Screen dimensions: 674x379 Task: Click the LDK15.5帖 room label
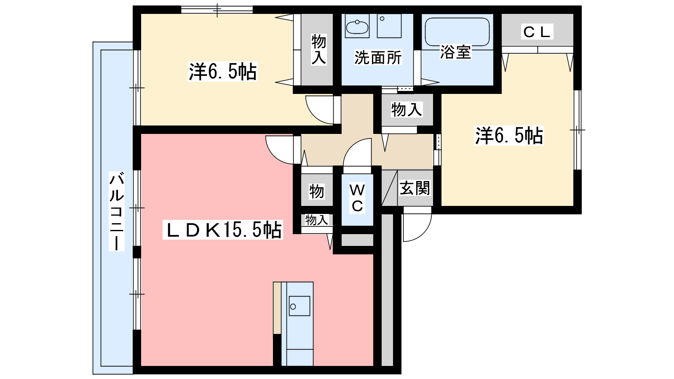223,230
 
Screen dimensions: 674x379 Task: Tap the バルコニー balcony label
116,211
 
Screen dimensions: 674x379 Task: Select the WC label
357,198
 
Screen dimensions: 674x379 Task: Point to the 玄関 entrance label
415,188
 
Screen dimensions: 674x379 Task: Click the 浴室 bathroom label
455,52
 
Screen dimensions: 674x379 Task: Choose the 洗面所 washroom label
378,58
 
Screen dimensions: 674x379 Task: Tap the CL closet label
537,32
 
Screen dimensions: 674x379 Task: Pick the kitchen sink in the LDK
300,306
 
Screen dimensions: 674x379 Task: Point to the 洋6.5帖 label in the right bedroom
509,136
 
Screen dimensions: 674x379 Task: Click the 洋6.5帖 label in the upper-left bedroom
223,72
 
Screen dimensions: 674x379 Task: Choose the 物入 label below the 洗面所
407,109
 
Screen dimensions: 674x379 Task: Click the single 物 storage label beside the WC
316,192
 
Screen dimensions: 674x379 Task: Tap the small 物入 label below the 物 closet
316,220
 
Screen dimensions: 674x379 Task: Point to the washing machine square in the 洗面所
389,26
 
